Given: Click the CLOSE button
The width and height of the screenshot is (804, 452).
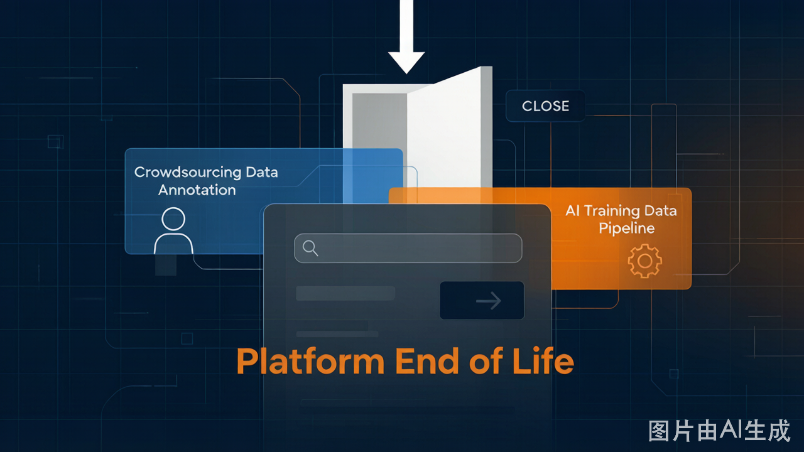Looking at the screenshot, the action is tap(545, 106).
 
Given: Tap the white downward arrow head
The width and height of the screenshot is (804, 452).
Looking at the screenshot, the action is tap(406, 62).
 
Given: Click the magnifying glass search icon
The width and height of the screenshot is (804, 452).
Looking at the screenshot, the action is tap(310, 248).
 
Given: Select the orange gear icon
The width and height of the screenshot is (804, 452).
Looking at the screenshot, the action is tap(644, 261).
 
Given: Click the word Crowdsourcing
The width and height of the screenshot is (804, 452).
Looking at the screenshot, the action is tap(188, 173).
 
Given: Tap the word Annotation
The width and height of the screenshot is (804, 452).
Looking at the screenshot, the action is tap(197, 190).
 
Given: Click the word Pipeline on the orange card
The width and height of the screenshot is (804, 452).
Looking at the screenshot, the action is tap(627, 229).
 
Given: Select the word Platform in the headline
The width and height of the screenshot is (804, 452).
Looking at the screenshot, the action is tap(310, 361).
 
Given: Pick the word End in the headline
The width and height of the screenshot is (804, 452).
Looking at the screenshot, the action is tap(426, 361).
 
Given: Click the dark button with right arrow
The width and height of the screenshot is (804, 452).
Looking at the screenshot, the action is tap(482, 300).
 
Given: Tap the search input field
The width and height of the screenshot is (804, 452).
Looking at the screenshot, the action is tap(408, 248).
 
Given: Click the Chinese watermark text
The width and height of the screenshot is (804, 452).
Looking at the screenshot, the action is tap(719, 431).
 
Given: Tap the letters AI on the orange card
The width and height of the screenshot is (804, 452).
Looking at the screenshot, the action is tap(572, 211).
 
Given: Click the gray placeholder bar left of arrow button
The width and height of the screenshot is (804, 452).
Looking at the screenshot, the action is tap(345, 293).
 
